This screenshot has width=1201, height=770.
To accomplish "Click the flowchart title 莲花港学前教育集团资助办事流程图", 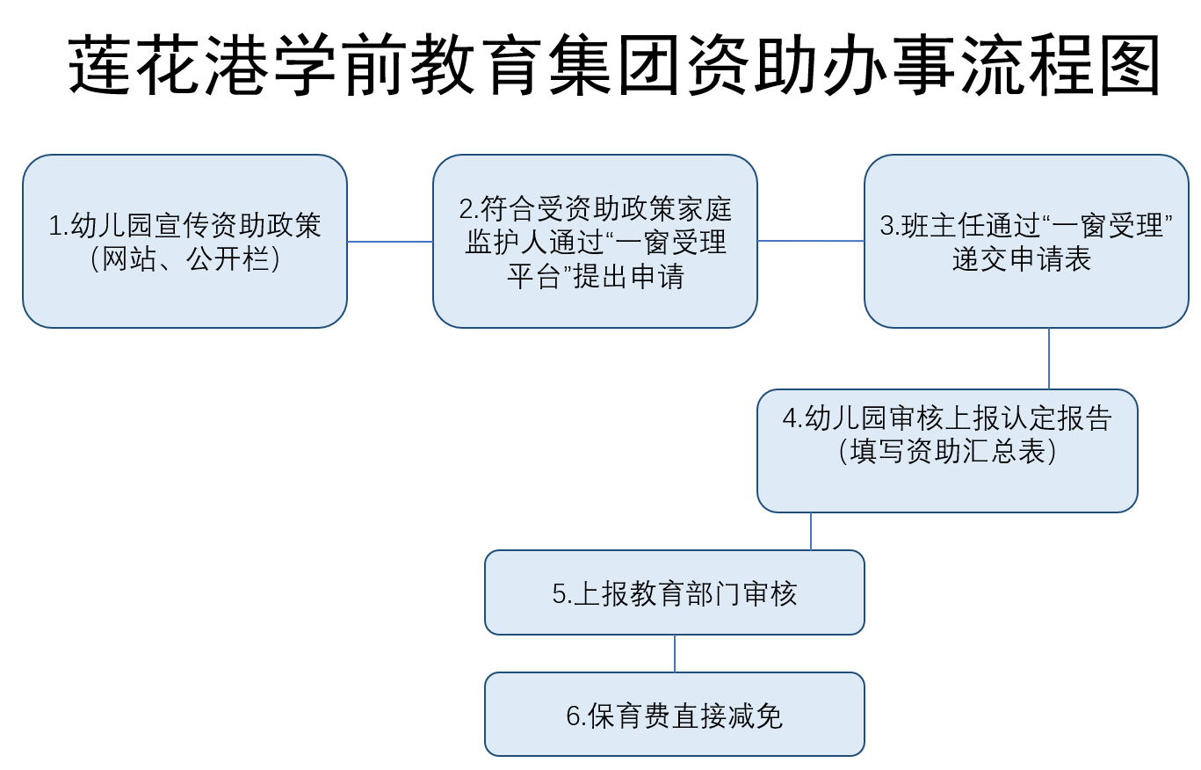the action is [x=614, y=65].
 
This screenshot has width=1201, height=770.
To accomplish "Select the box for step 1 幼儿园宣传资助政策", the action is [x=185, y=242].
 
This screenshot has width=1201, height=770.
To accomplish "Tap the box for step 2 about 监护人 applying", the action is [x=595, y=242].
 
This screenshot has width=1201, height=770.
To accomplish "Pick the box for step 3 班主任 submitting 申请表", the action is [x=1027, y=242].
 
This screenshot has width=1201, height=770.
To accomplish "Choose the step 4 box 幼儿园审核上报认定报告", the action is [x=947, y=451].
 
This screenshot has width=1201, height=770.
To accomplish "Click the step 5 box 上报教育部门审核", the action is [x=675, y=592].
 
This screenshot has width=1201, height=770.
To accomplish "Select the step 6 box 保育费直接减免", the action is [x=675, y=715].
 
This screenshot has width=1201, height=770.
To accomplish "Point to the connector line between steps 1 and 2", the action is [x=390, y=242].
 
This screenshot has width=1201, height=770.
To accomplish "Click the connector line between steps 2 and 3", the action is [x=811, y=241].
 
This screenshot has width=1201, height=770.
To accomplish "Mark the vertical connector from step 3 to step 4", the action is [x=1049, y=359].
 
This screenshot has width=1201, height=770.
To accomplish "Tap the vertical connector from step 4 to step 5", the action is [x=811, y=531].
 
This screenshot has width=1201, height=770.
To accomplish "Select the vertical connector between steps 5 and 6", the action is [x=675, y=654].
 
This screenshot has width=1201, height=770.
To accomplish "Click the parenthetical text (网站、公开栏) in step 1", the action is [x=185, y=259].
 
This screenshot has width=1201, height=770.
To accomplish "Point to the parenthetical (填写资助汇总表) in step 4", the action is [x=947, y=451].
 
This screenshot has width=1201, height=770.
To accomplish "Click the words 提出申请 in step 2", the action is [x=629, y=277].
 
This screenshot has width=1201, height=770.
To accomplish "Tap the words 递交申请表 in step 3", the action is [x=1022, y=259].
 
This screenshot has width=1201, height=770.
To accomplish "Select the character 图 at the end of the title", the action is [x=1130, y=65].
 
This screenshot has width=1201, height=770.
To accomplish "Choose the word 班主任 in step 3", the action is [x=944, y=226].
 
